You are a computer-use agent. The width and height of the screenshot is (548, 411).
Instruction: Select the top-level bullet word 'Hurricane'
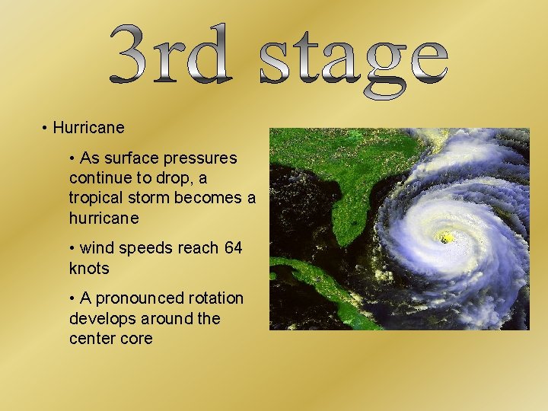pyautogui.click(x=88, y=128)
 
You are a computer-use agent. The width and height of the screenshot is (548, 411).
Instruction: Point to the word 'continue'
pyautogui.click(x=97, y=178)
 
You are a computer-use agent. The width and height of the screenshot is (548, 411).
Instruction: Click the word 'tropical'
pyautogui.click(x=94, y=198)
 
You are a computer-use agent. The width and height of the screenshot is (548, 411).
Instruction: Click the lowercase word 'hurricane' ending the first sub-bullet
pyautogui.click(x=104, y=218)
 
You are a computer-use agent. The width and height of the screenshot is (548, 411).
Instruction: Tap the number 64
pyautogui.click(x=234, y=248)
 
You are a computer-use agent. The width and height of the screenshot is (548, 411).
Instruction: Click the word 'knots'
pyautogui.click(x=89, y=268)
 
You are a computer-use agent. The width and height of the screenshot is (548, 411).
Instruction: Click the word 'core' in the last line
pyautogui.click(x=135, y=338)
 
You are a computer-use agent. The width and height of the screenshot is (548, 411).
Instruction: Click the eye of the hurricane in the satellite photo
pyautogui.click(x=446, y=237)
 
